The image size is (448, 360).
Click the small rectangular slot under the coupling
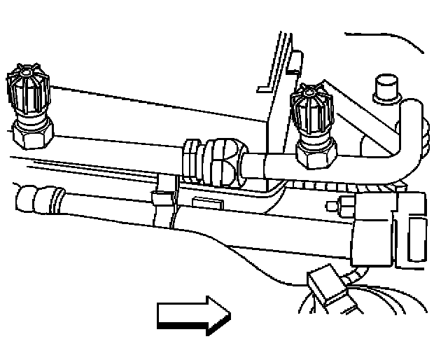203,204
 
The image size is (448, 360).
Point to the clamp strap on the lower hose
162,203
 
